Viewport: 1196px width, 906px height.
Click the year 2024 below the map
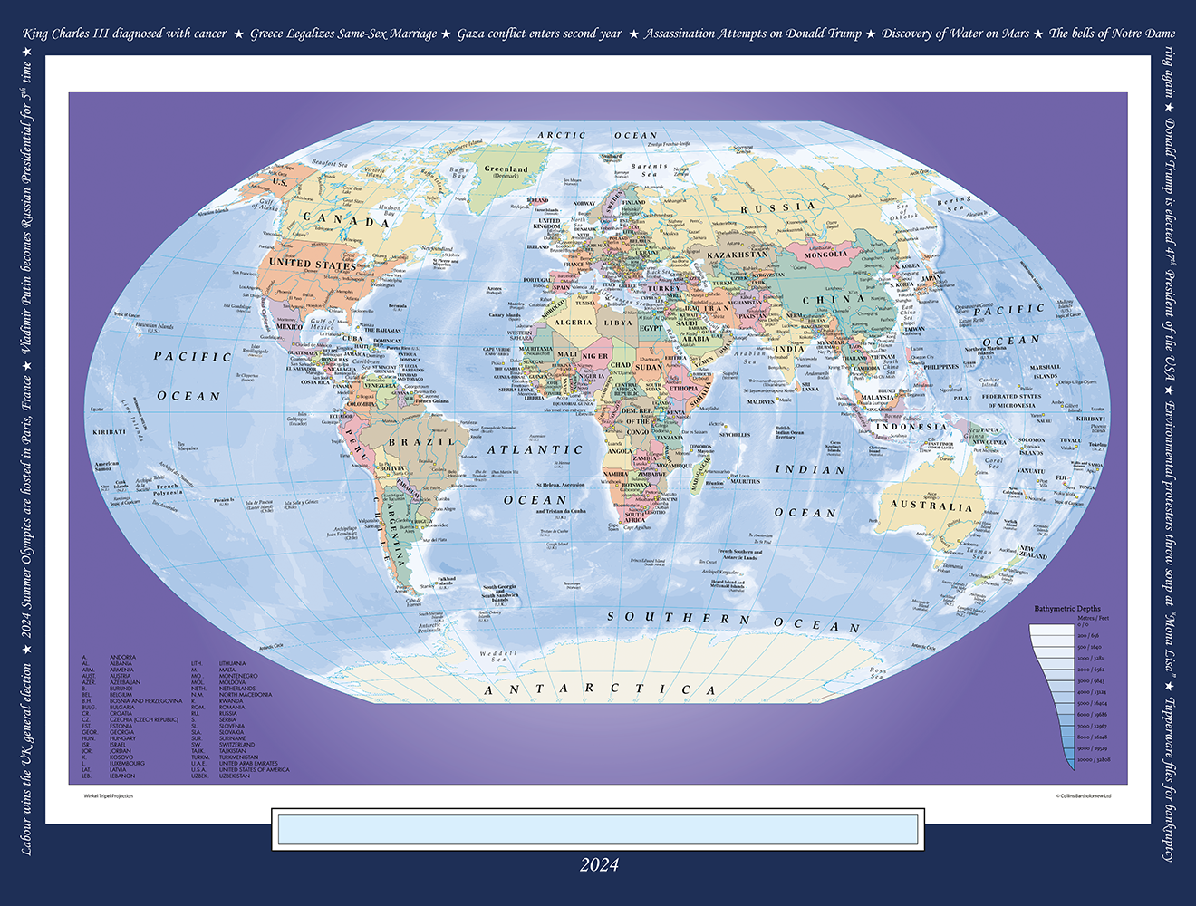599,864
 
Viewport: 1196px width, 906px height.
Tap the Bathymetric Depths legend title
1067,609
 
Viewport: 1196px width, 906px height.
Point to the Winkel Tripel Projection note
108,796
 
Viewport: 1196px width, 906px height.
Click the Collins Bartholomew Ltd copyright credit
1083,796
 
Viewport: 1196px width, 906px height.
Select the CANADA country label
346,219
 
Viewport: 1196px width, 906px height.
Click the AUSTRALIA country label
931,506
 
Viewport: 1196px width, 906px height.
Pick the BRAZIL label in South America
421,442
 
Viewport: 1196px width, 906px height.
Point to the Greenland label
506,169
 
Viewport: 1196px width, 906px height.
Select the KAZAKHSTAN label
737,255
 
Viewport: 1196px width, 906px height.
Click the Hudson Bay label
390,210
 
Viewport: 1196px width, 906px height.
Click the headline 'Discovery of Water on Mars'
955,34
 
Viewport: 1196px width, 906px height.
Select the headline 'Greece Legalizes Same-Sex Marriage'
343,34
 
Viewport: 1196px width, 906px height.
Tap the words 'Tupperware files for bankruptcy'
1170,779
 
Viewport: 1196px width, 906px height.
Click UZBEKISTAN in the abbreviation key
235,776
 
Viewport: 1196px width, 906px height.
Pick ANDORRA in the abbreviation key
122,658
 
